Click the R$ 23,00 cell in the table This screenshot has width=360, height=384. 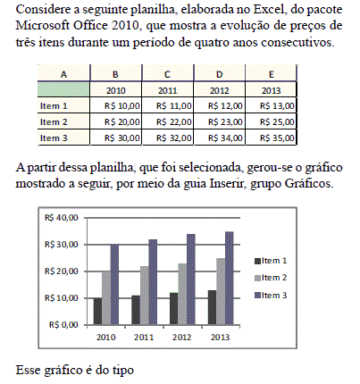click(220, 121)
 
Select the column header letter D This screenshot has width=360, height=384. click(220, 74)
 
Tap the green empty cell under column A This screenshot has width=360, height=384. click(63, 89)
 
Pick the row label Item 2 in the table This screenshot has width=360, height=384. click(54, 121)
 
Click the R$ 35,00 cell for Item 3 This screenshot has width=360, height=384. click(271, 138)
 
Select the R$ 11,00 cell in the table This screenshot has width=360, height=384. click(168, 105)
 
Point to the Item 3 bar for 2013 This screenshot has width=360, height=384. click(230, 278)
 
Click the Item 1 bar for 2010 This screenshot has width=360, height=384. click(97, 311)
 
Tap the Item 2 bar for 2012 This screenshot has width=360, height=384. click(182, 294)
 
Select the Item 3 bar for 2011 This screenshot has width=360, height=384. click(153, 282)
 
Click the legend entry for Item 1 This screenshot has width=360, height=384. click(271, 261)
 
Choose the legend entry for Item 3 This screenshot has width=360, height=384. click(271, 296)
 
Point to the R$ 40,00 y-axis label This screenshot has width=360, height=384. click(62, 218)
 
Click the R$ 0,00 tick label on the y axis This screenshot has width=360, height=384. click(63, 324)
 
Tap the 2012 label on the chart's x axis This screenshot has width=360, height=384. click(182, 338)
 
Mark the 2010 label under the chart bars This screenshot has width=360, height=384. click(106, 338)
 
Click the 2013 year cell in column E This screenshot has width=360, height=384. click(271, 90)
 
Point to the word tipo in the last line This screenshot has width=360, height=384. click(123, 371)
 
